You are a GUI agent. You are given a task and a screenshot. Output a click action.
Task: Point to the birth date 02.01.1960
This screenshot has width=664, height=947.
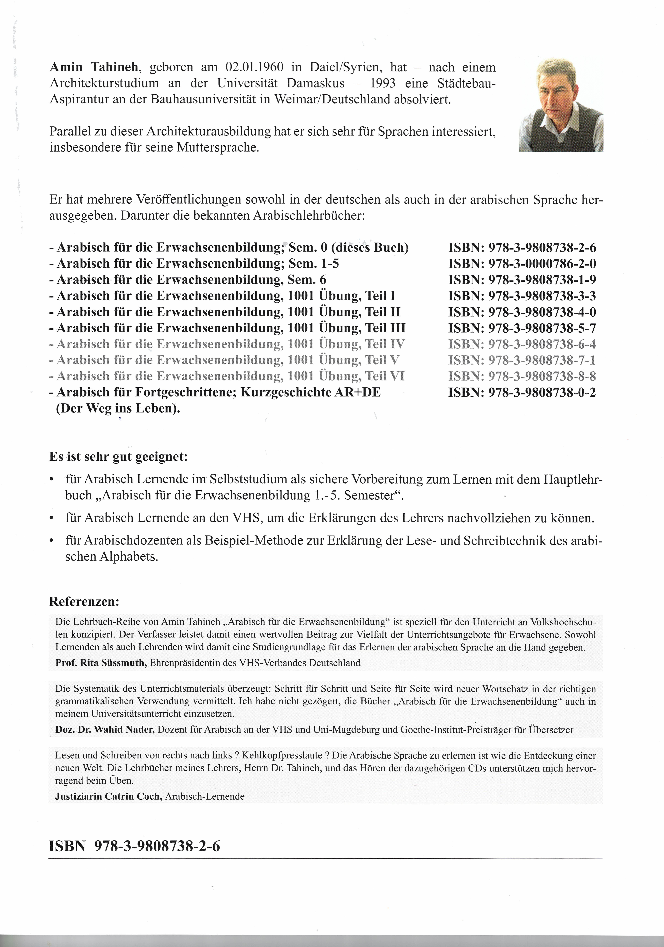pyautogui.click(x=254, y=67)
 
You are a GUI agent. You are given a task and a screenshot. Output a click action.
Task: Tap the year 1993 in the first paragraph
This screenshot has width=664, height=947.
pyautogui.click(x=383, y=83)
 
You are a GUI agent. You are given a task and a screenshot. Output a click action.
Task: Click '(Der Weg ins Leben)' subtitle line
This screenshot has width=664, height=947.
pyautogui.click(x=118, y=408)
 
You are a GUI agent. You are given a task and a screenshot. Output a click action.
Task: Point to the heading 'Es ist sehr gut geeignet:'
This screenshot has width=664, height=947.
pyautogui.click(x=118, y=457)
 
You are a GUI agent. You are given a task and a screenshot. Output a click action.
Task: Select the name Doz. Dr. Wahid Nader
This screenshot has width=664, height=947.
pyautogui.click(x=105, y=730)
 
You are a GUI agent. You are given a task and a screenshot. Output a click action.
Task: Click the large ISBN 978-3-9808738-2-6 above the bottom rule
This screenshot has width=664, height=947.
pyautogui.click(x=134, y=846)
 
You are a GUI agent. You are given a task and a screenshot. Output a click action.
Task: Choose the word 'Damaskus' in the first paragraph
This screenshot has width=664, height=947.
pyautogui.click(x=316, y=83)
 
